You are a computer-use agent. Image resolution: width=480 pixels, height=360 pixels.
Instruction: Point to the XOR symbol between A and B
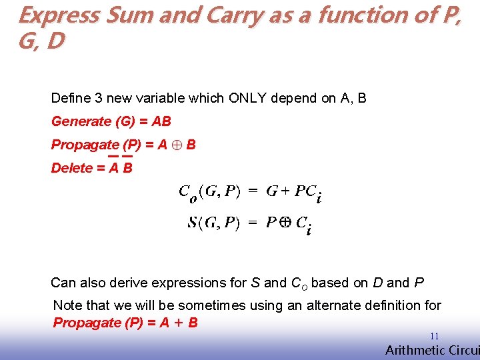pyautogui.click(x=177, y=145)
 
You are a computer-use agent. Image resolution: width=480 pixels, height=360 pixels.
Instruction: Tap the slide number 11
pyautogui.click(x=434, y=337)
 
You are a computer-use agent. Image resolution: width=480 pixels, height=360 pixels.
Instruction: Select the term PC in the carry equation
pyautogui.click(x=305, y=192)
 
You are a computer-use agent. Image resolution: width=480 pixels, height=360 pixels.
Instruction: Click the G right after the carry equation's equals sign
pyautogui.click(x=272, y=192)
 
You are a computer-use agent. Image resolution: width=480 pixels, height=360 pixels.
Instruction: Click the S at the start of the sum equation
pyautogui.click(x=193, y=223)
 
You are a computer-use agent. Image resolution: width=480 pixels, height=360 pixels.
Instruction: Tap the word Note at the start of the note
pyautogui.click(x=67, y=305)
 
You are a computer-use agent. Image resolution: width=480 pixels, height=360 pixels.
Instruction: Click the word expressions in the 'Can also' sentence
pyautogui.click(x=186, y=283)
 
